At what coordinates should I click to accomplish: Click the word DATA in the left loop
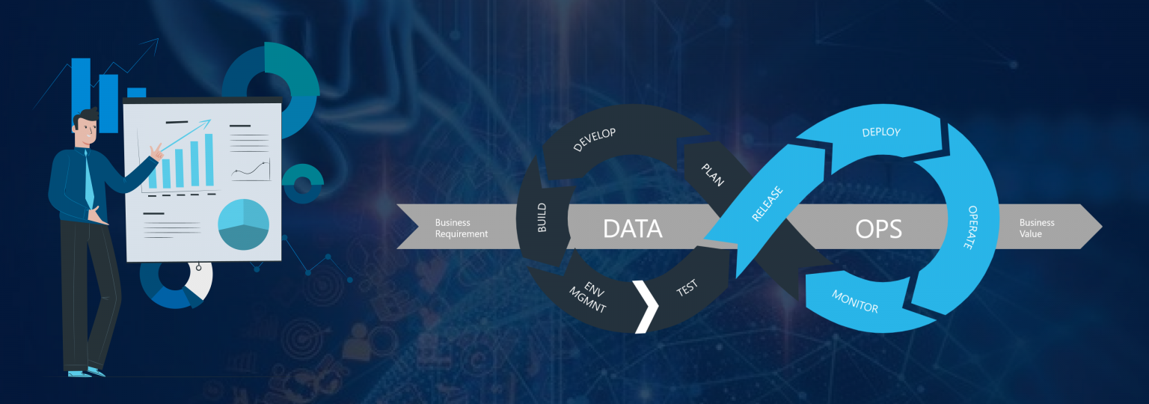633,228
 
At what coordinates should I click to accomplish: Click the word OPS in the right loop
878,228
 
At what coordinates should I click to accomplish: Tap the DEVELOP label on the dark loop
594,139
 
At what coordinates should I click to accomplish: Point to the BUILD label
542,217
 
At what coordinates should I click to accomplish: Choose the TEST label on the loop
687,287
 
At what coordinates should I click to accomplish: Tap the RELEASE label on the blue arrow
767,203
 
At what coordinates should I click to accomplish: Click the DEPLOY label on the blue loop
881,132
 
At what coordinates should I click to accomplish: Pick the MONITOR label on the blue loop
855,300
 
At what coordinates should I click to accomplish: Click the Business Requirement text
462,228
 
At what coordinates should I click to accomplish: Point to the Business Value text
1037,228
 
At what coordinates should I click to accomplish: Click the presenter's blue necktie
88,180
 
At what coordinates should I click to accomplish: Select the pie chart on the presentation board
243,224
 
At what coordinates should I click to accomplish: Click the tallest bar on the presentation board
209,159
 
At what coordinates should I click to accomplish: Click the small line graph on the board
251,170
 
